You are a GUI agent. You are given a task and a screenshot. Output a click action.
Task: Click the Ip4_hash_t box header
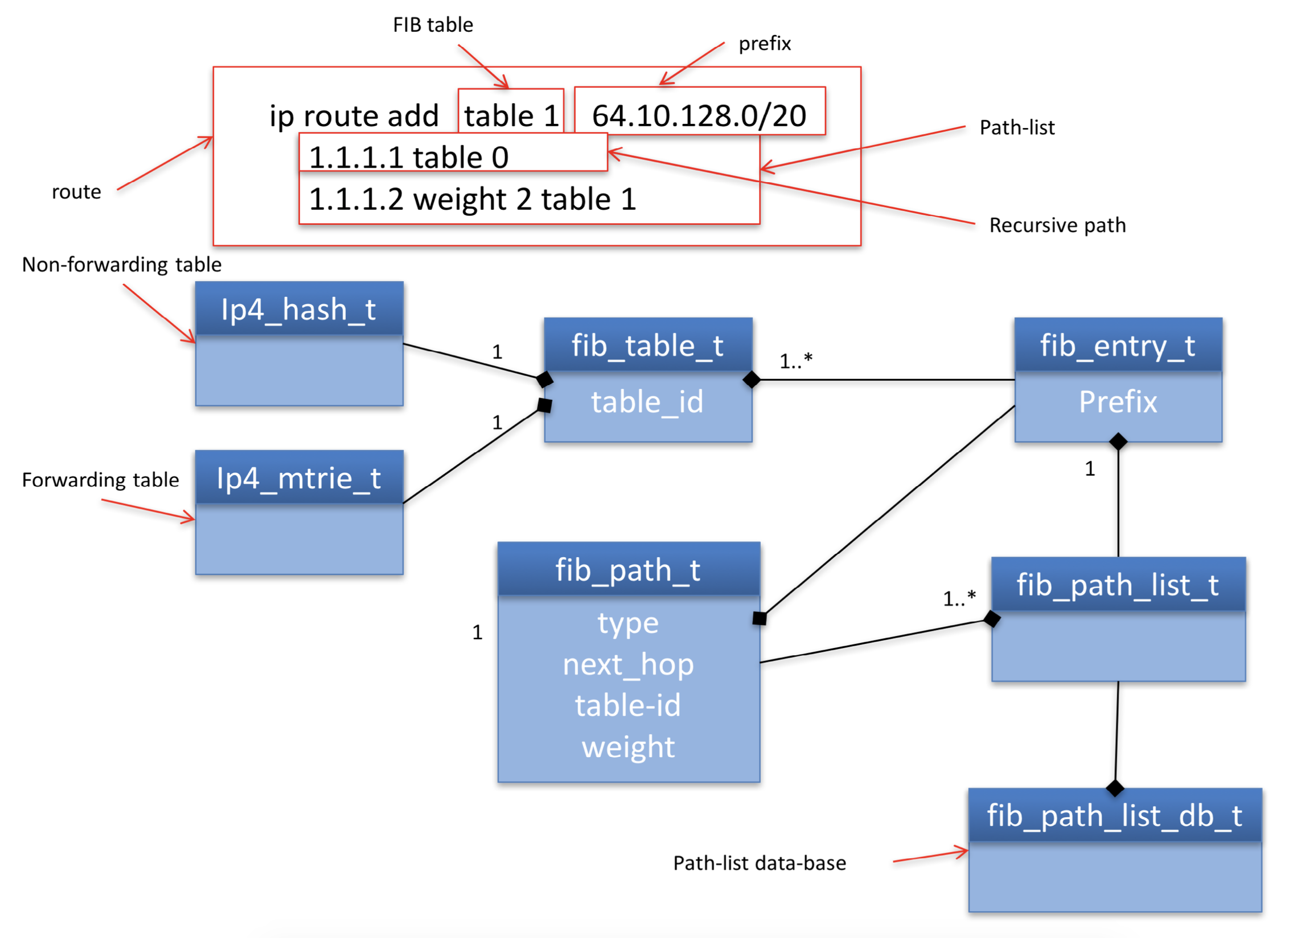(x=299, y=309)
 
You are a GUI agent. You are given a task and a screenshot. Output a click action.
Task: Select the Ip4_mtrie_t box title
(x=299, y=478)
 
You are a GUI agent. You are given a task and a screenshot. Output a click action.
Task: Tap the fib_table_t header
(x=647, y=346)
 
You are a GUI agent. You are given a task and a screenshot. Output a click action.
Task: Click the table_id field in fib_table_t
(x=647, y=402)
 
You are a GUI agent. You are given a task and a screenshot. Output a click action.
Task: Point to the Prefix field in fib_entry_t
(x=1118, y=402)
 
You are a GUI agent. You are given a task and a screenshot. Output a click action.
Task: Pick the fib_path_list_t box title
(x=1118, y=585)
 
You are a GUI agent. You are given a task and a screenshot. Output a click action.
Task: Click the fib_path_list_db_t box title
(x=1114, y=815)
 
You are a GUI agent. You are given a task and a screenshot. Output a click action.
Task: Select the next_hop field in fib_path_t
(x=628, y=664)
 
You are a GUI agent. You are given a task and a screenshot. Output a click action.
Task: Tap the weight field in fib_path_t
(x=628, y=747)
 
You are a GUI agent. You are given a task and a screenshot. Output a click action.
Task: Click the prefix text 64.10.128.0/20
(x=699, y=116)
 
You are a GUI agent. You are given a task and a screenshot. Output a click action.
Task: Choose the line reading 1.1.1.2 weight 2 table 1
(x=472, y=199)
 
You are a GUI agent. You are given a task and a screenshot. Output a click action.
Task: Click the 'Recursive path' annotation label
(x=1057, y=225)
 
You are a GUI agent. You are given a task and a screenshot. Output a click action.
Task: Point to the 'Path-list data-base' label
(x=759, y=863)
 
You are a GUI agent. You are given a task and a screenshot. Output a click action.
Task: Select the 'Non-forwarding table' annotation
(x=122, y=264)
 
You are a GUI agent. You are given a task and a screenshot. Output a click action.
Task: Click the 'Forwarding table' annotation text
(x=100, y=480)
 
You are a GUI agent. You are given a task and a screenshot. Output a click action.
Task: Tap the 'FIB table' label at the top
(x=433, y=25)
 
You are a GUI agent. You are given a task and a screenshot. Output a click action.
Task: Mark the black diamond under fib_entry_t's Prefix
(x=1118, y=441)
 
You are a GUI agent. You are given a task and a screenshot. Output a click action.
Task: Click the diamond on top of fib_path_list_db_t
(x=1115, y=788)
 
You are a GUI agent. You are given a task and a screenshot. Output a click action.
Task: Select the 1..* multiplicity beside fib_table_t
(x=796, y=361)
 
